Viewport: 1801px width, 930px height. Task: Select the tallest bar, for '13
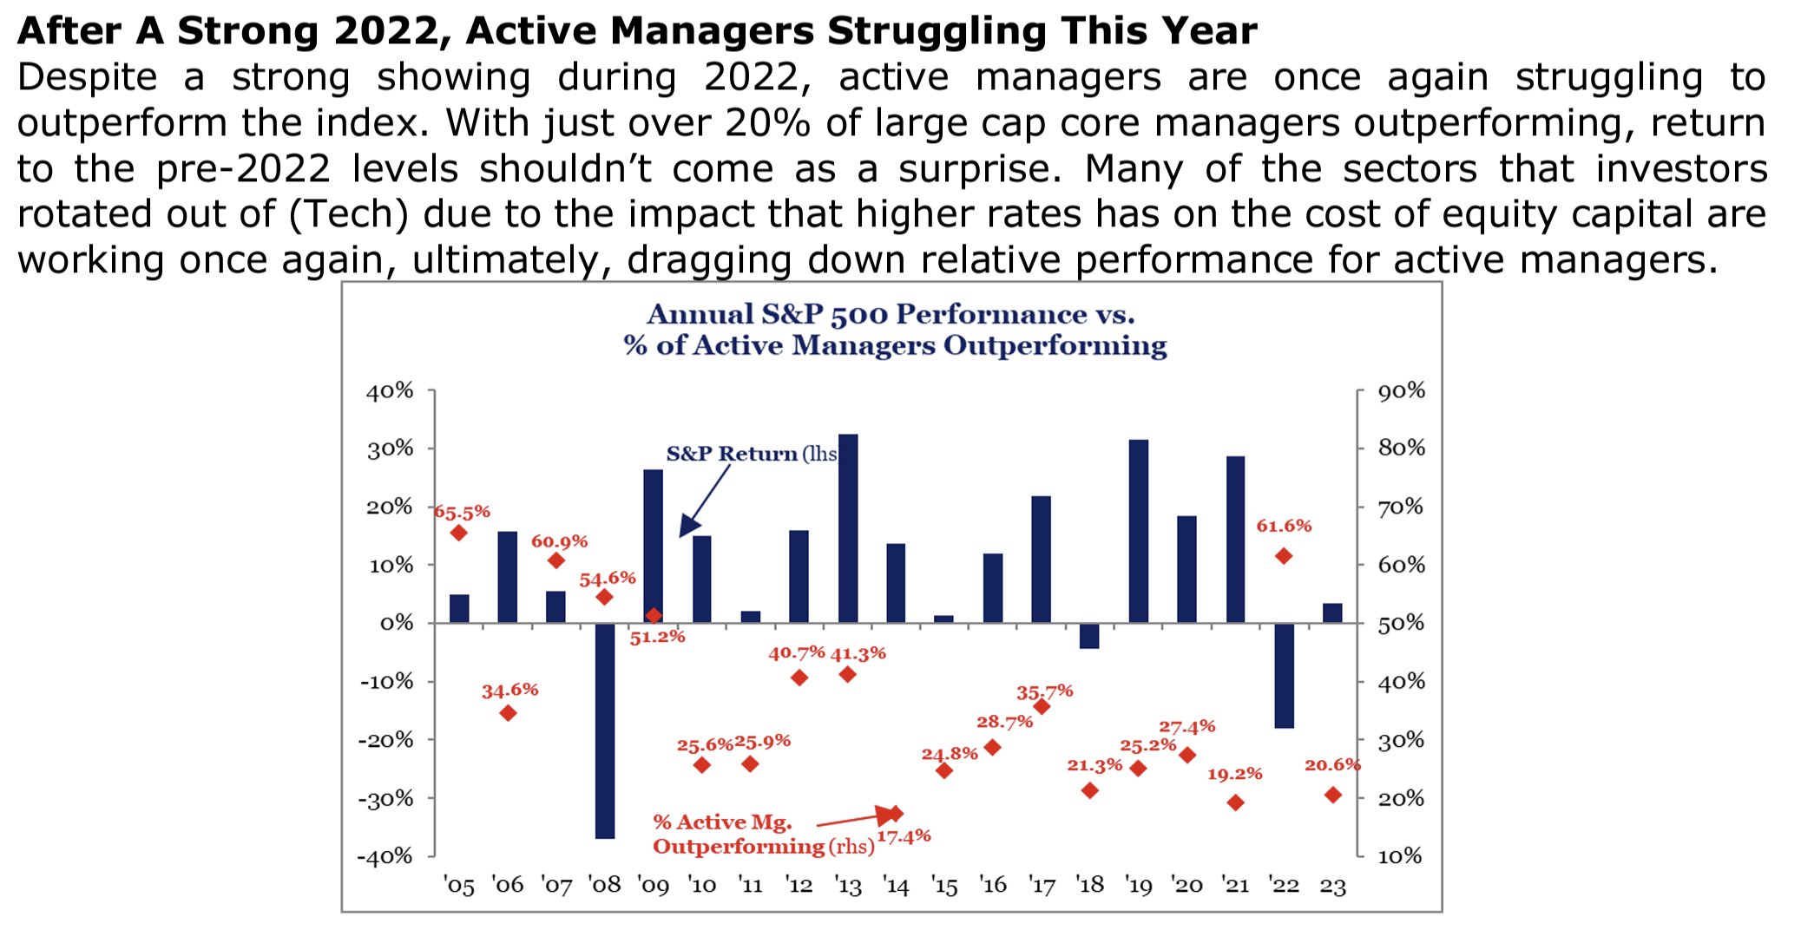click(x=848, y=528)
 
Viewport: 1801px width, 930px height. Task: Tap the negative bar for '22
click(x=1285, y=675)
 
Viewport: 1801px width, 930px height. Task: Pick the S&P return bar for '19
click(x=1139, y=531)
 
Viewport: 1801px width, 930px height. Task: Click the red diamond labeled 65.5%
click(x=459, y=533)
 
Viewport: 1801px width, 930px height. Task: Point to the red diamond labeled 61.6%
click(x=1284, y=556)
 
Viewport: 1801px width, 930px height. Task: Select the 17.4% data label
click(x=904, y=836)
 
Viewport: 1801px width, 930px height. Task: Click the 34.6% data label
click(x=509, y=691)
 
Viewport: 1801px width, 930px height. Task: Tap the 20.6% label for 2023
click(x=1332, y=765)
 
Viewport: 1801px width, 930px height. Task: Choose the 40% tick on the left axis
click(x=390, y=391)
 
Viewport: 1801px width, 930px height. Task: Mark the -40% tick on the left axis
click(x=385, y=857)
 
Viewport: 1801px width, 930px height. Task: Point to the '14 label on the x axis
click(x=896, y=886)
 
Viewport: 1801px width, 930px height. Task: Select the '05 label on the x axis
click(x=459, y=886)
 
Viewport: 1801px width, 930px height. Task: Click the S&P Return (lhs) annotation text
click(x=751, y=454)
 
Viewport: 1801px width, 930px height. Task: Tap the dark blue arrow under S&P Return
click(x=704, y=501)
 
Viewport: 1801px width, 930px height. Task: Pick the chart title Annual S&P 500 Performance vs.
click(x=891, y=315)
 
